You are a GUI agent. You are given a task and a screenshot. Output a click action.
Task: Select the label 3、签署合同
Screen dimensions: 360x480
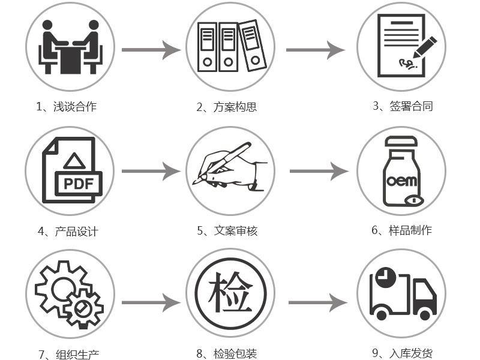[x=402, y=106]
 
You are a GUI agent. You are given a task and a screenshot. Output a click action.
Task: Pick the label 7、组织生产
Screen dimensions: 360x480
[x=68, y=355]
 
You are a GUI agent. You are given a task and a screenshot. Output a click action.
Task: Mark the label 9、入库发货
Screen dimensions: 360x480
[x=402, y=353]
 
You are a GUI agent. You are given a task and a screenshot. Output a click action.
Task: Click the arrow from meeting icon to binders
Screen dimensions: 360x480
[x=151, y=50]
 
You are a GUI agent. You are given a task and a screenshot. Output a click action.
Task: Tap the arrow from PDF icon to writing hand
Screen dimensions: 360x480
[x=151, y=172]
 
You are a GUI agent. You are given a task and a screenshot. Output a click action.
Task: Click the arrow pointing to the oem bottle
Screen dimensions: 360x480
[x=319, y=172]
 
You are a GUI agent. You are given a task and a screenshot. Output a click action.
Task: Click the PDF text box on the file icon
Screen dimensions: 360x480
[x=79, y=183]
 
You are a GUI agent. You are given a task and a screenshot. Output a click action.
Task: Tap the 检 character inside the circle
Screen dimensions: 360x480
[x=230, y=295]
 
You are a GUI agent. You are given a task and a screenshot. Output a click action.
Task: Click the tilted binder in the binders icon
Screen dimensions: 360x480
[x=252, y=46]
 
